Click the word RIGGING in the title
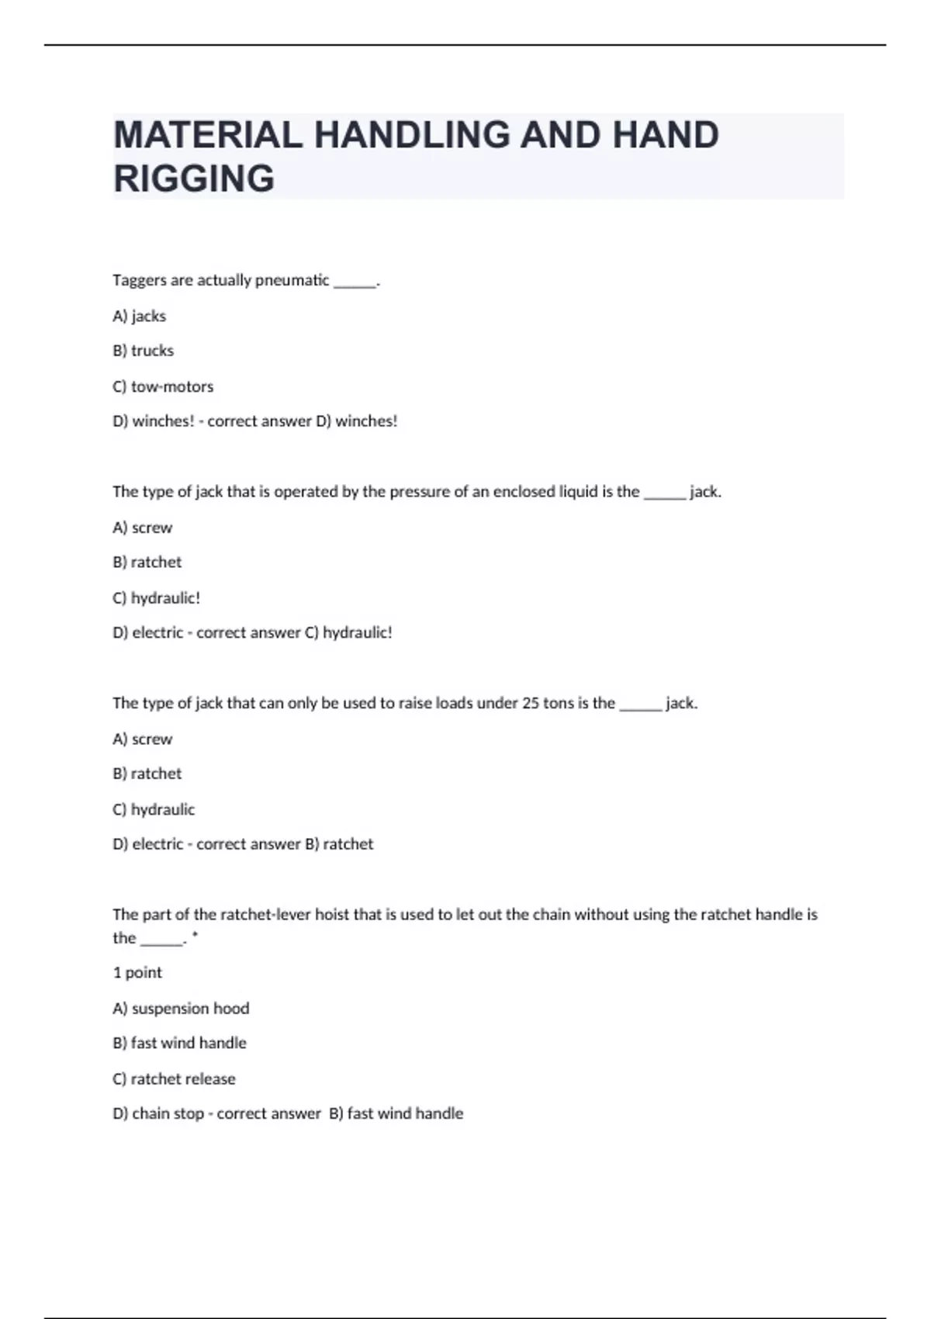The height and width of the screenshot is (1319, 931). (194, 178)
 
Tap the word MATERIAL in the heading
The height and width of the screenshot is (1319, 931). (207, 135)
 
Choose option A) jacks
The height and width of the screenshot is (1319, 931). (140, 316)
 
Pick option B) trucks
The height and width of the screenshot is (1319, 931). (144, 351)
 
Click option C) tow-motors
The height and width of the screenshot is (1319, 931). (163, 386)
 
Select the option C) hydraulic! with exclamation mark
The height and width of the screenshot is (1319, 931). (157, 598)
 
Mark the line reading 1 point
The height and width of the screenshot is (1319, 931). (137, 972)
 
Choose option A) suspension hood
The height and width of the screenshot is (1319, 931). (181, 1008)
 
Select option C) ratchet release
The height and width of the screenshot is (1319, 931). (174, 1078)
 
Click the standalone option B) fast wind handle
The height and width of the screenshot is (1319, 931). (179, 1043)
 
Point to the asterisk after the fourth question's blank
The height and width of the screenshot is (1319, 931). (195, 936)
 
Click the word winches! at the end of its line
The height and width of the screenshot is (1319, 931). (366, 421)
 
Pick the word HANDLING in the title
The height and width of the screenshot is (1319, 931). (411, 135)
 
